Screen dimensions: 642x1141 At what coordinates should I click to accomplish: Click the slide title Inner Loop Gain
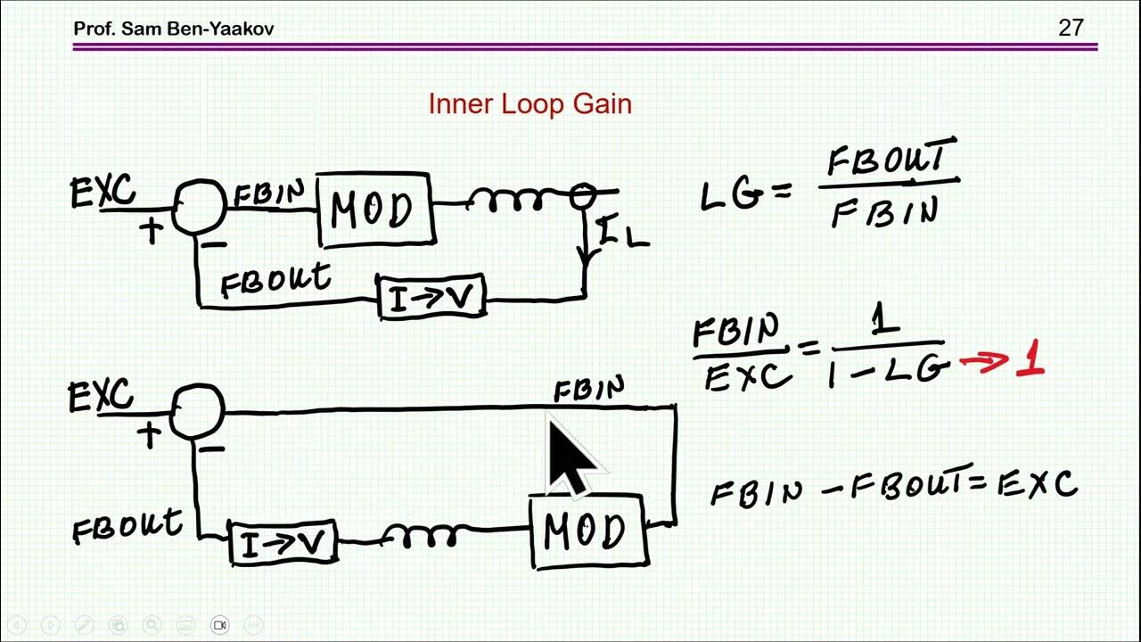click(x=529, y=104)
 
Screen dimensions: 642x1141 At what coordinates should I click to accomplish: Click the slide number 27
click(x=1071, y=28)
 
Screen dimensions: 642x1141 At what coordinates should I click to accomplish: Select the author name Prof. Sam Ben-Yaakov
click(x=174, y=29)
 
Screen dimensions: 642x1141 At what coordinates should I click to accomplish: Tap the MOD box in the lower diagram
click(x=589, y=532)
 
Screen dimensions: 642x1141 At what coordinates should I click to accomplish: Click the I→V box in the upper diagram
click(x=431, y=298)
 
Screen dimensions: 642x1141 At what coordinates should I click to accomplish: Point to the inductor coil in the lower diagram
click(x=420, y=536)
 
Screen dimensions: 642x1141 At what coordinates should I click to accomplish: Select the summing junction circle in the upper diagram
click(x=198, y=207)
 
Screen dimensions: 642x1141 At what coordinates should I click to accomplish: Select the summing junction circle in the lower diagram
click(x=196, y=411)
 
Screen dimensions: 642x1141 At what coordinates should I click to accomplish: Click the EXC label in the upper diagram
click(x=103, y=193)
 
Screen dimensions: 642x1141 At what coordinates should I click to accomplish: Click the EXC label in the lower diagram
click(x=101, y=395)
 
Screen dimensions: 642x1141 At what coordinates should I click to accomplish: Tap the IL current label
click(x=621, y=234)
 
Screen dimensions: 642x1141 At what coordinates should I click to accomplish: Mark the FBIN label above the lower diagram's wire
click(x=588, y=390)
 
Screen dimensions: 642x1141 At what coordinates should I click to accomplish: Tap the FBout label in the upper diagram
click(x=275, y=281)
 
